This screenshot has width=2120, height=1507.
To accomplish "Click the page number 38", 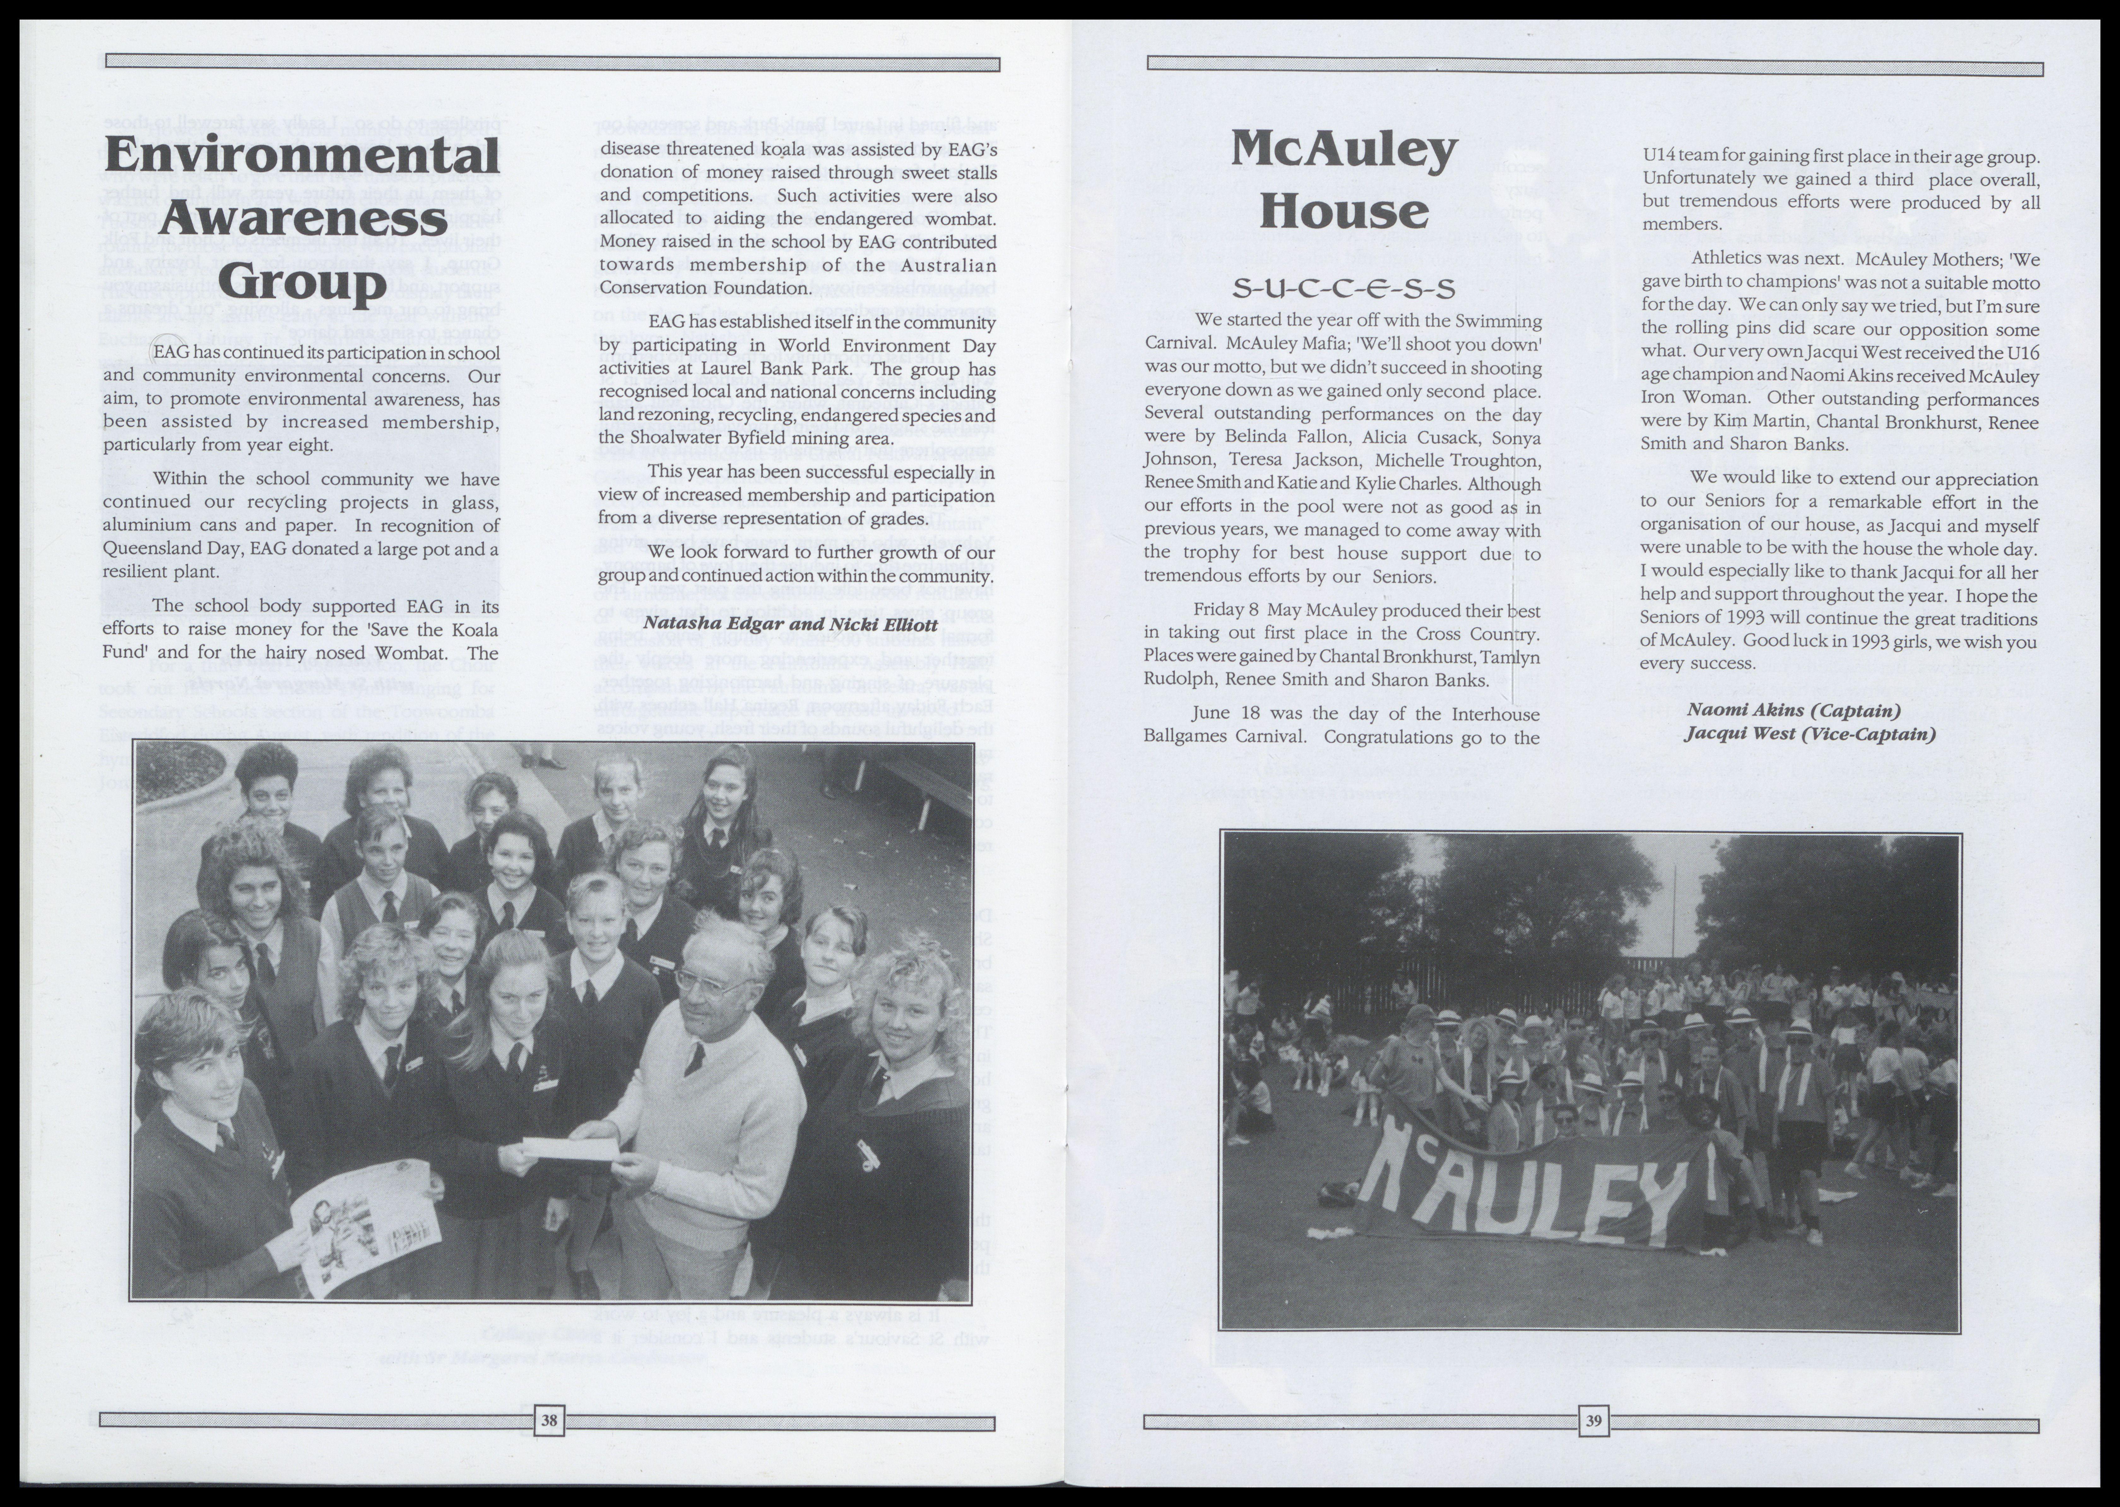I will [x=549, y=1421].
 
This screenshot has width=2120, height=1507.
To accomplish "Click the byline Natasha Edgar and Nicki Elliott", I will [x=790, y=623].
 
